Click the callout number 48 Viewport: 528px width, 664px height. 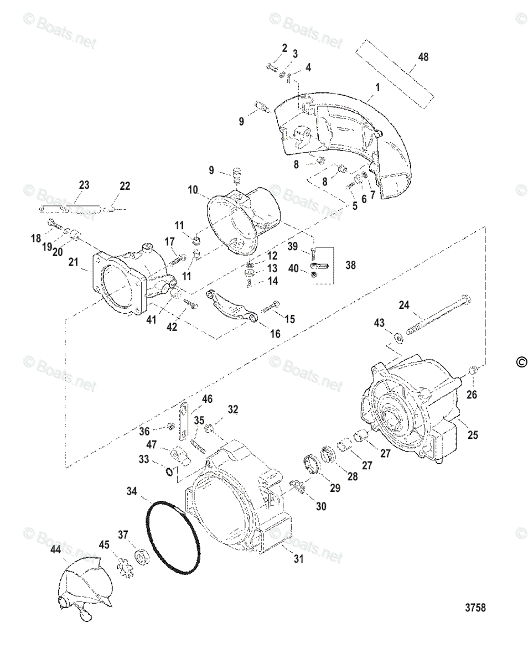(x=423, y=57)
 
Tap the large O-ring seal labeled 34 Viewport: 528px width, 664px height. (x=174, y=537)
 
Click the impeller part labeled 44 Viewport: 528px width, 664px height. (x=86, y=587)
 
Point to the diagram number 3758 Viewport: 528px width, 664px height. (x=475, y=608)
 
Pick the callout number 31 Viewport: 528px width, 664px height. (x=299, y=559)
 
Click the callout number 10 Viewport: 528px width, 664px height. (x=193, y=190)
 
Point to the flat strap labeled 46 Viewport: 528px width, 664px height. (x=185, y=421)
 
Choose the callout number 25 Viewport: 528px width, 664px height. (x=472, y=435)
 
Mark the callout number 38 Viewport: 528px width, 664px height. (x=351, y=265)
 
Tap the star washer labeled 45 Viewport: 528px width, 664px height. (x=121, y=564)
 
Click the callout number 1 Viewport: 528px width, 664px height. (x=377, y=87)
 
